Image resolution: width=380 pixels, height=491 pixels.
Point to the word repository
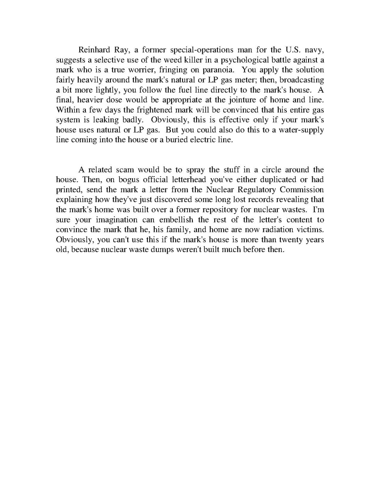pos(222,209)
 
